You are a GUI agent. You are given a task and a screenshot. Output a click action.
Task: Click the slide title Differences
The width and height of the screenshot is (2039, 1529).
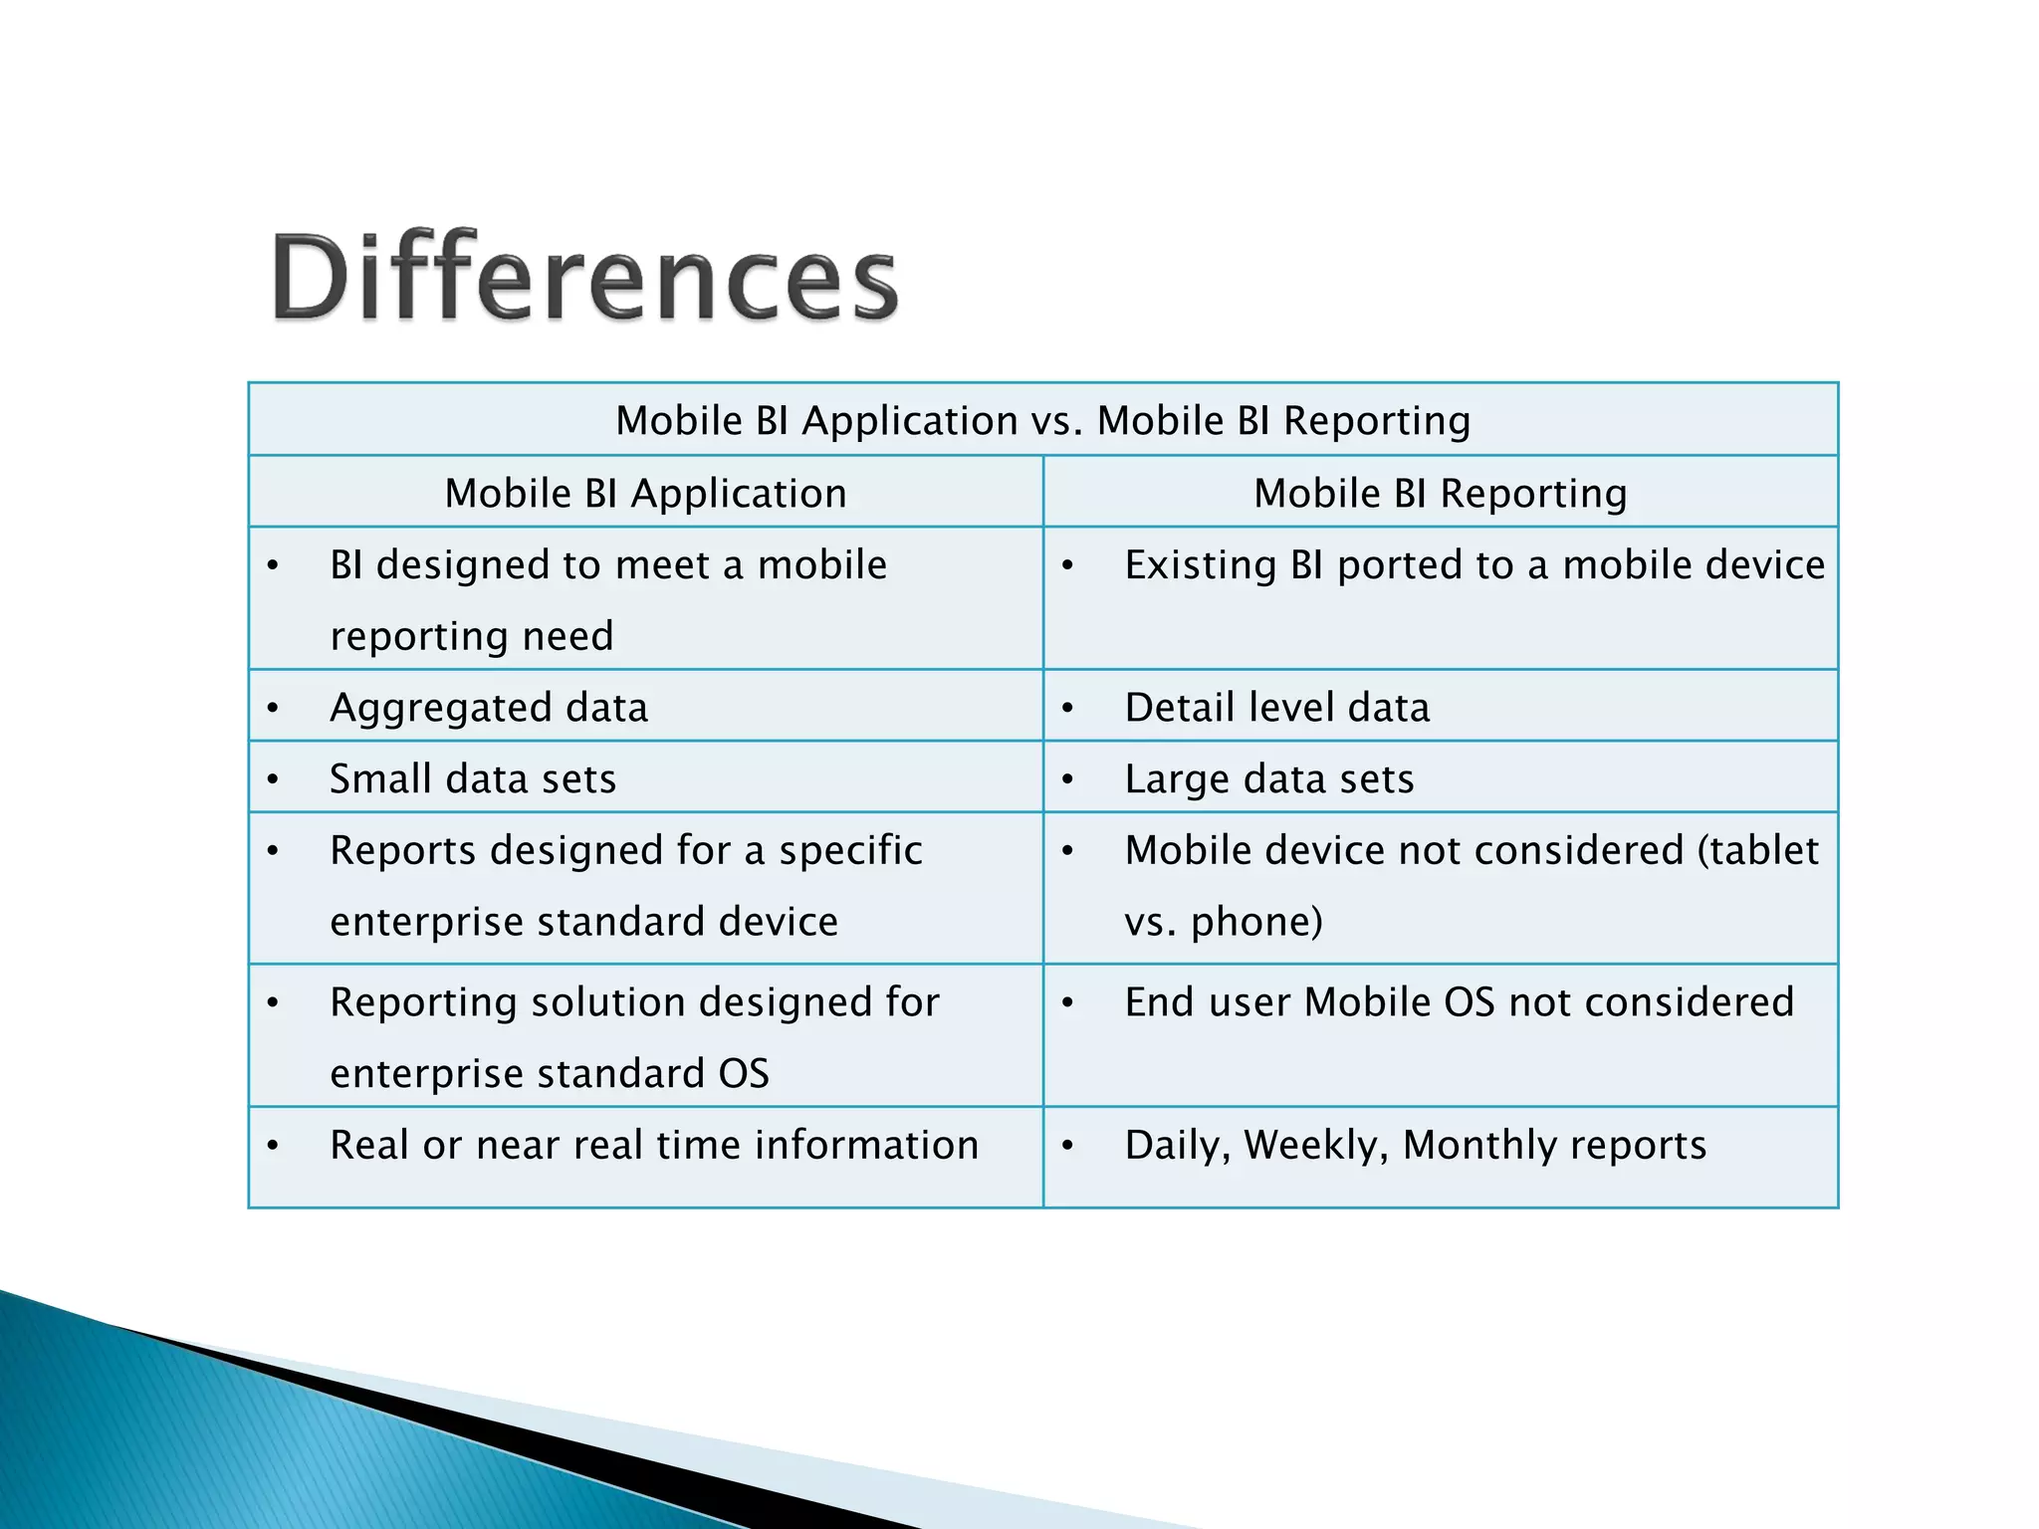point(585,277)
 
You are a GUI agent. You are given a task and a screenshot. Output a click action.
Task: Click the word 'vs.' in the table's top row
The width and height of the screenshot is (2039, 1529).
point(1056,421)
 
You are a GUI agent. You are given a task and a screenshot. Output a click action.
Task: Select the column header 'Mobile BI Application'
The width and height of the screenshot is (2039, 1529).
point(645,494)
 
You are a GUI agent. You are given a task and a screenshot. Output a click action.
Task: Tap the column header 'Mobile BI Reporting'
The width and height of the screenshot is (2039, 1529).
point(1440,494)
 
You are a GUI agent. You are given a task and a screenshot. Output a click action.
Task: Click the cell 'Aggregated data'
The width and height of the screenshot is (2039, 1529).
point(489,708)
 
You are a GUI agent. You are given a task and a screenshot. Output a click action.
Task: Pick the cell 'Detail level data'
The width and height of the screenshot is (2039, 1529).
point(1276,708)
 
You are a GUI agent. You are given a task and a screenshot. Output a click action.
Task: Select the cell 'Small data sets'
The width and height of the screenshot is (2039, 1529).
point(473,779)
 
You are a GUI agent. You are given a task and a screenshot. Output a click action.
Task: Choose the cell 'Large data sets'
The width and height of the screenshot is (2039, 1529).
point(1268,779)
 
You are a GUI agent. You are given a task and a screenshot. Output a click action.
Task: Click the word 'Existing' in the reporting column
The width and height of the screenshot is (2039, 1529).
point(1201,565)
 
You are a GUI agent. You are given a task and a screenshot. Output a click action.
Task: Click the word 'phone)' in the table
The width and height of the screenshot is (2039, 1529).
point(1256,922)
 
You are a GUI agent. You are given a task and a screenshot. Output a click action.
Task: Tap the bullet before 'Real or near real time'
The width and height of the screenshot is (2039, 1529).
point(273,1146)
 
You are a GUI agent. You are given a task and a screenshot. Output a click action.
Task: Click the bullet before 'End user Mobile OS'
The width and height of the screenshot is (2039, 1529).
point(1067,1003)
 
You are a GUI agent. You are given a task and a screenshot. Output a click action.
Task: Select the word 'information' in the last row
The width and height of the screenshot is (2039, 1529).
point(866,1146)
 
